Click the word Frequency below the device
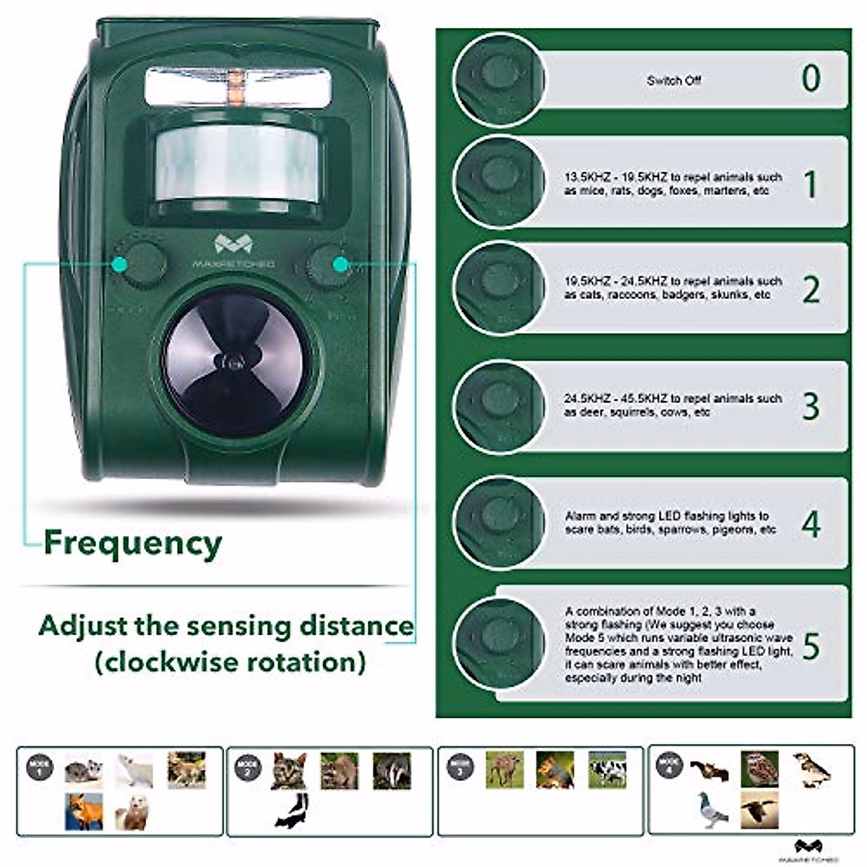[132, 543]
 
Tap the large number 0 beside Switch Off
[811, 78]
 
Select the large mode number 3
[811, 406]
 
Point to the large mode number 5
[811, 646]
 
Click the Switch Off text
[673, 80]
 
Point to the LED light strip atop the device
[237, 85]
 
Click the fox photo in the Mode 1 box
[83, 811]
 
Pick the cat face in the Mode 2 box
[289, 770]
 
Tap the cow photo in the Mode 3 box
[607, 770]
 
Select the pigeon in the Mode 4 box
[712, 809]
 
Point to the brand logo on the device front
[233, 250]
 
